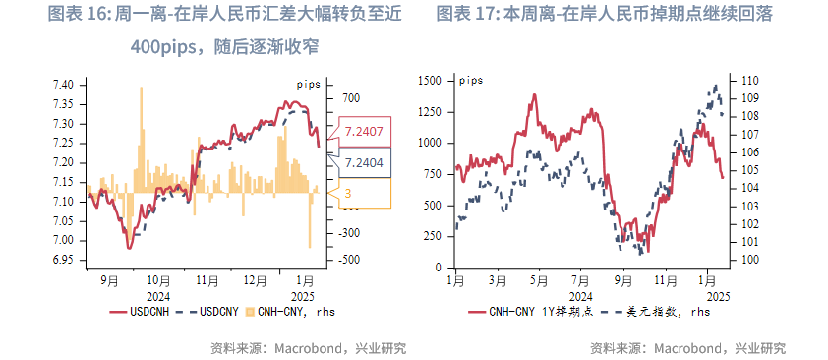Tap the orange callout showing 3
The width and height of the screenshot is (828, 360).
(x=348, y=193)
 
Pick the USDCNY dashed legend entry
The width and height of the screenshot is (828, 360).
(x=207, y=312)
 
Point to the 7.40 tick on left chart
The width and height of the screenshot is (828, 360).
(x=62, y=86)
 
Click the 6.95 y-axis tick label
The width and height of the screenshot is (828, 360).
(x=62, y=260)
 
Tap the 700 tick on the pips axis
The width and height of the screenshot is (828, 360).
(x=351, y=98)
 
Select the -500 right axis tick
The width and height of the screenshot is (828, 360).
(x=351, y=260)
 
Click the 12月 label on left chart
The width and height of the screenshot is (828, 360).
(x=255, y=280)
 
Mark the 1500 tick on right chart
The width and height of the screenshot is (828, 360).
(x=430, y=81)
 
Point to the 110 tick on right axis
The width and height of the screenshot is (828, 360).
(x=748, y=81)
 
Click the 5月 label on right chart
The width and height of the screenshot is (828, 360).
(x=536, y=280)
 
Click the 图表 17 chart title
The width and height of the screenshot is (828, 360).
(x=604, y=15)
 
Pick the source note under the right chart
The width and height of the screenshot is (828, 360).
(x=687, y=348)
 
